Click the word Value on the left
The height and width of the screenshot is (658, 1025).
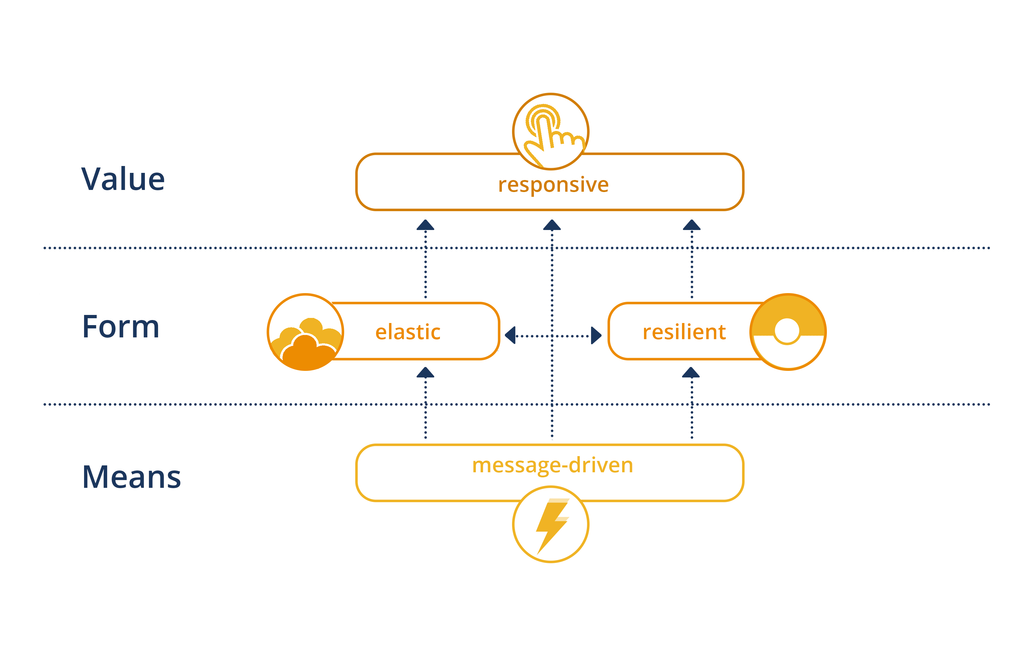(x=123, y=179)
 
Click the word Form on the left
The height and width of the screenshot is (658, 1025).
(x=121, y=327)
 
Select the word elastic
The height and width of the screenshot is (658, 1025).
(x=408, y=332)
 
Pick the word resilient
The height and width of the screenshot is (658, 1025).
(x=684, y=332)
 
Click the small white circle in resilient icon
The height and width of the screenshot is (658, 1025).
(x=786, y=331)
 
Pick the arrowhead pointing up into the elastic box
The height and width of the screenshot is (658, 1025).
(x=425, y=373)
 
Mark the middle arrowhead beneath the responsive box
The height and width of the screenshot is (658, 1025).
(x=552, y=225)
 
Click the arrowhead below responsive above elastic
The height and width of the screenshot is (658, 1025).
(x=425, y=225)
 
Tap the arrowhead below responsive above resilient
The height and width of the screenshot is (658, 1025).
(x=692, y=225)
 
